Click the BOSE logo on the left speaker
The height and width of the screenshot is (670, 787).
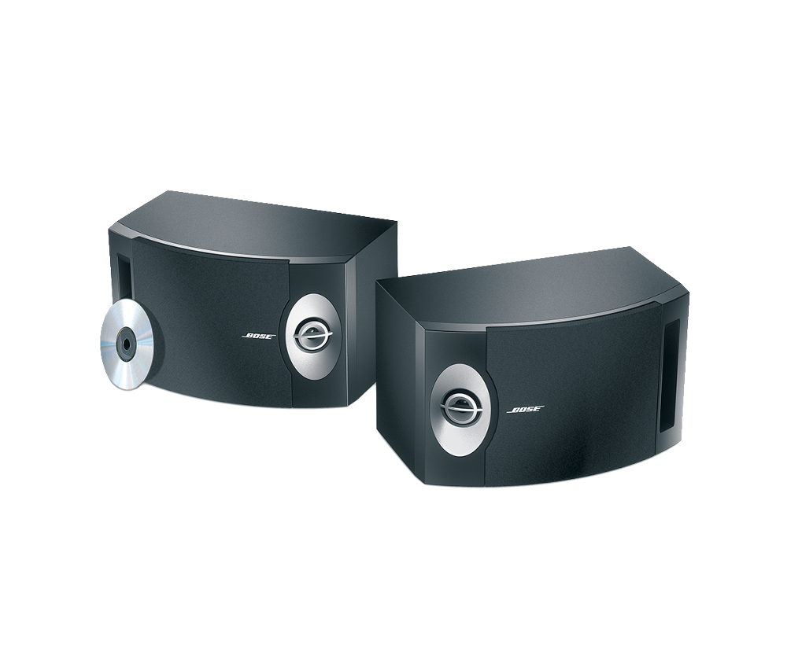tap(259, 336)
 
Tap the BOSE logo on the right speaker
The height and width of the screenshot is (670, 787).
tap(526, 409)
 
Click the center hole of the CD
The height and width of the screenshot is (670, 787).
tap(125, 345)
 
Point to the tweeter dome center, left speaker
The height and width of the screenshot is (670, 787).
tap(309, 333)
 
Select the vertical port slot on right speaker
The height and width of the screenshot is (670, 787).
tap(672, 376)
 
